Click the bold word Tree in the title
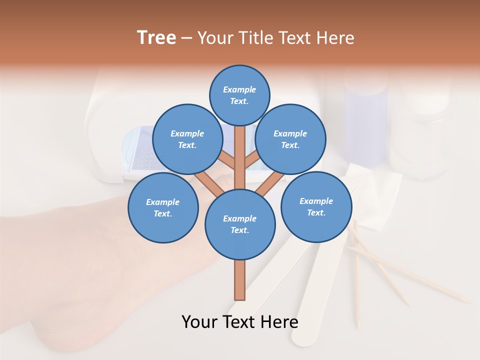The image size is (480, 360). click(156, 37)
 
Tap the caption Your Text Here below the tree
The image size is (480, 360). click(239, 322)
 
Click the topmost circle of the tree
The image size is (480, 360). click(239, 95)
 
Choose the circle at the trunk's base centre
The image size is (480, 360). click(240, 224)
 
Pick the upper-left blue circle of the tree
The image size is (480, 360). click(187, 139)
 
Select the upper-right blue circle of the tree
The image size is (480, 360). click(290, 139)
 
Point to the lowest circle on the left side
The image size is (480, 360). click(162, 207)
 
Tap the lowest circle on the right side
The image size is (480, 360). click(316, 206)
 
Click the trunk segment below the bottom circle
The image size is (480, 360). click(240, 280)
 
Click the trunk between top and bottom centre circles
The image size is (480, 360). click(240, 160)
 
